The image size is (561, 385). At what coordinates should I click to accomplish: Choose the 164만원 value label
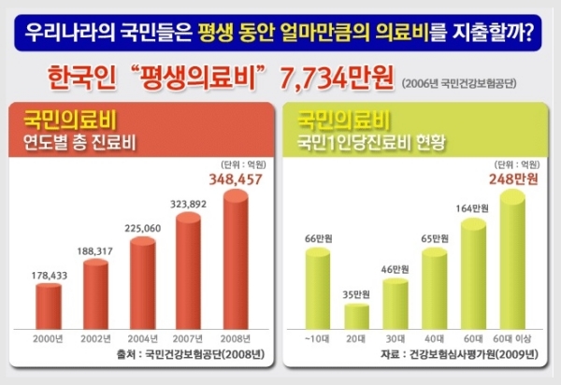point(479,208)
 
